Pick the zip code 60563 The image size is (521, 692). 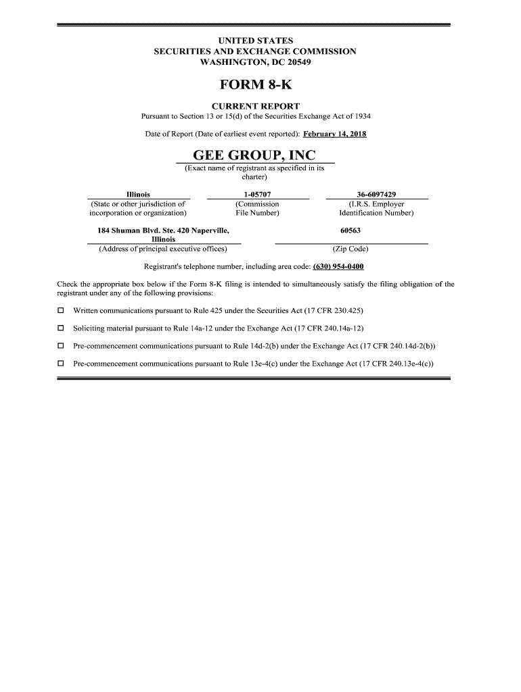point(350,230)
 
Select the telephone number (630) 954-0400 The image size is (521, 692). point(338,266)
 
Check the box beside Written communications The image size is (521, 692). point(60,311)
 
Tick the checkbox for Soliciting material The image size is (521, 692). point(60,328)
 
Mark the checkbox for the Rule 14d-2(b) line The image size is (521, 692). point(60,346)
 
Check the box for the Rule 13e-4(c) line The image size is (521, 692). point(60,364)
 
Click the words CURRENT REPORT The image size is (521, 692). point(255,106)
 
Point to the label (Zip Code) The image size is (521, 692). point(350,249)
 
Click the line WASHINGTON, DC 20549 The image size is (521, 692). point(255,62)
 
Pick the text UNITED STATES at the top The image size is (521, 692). point(255,41)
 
